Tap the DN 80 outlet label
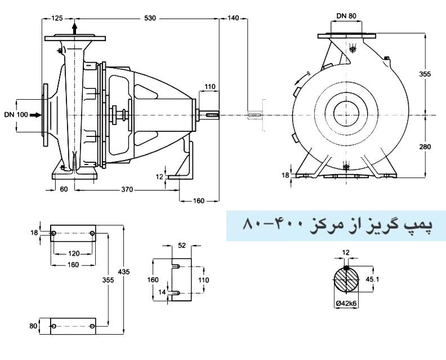pyautogui.click(x=346, y=16)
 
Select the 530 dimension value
pyautogui.click(x=150, y=19)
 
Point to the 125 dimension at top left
pyautogui.click(x=56, y=19)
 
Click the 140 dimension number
pyautogui.click(x=233, y=19)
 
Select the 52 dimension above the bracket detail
pyautogui.click(x=181, y=245)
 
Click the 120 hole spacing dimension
pyautogui.click(x=74, y=254)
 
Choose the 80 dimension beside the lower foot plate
pyautogui.click(x=33, y=326)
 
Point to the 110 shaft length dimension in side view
pyautogui.click(x=210, y=87)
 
